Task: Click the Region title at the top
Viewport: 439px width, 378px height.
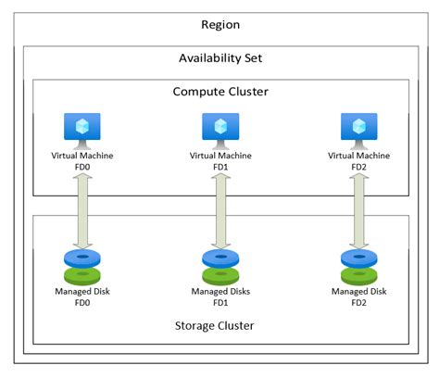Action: tap(220, 24)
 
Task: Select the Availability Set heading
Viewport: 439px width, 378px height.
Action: tap(220, 58)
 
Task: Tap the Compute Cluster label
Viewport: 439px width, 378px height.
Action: tap(220, 92)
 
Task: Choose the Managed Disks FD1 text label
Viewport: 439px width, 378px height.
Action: tap(221, 297)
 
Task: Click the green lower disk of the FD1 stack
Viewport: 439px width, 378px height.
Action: tap(221, 275)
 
